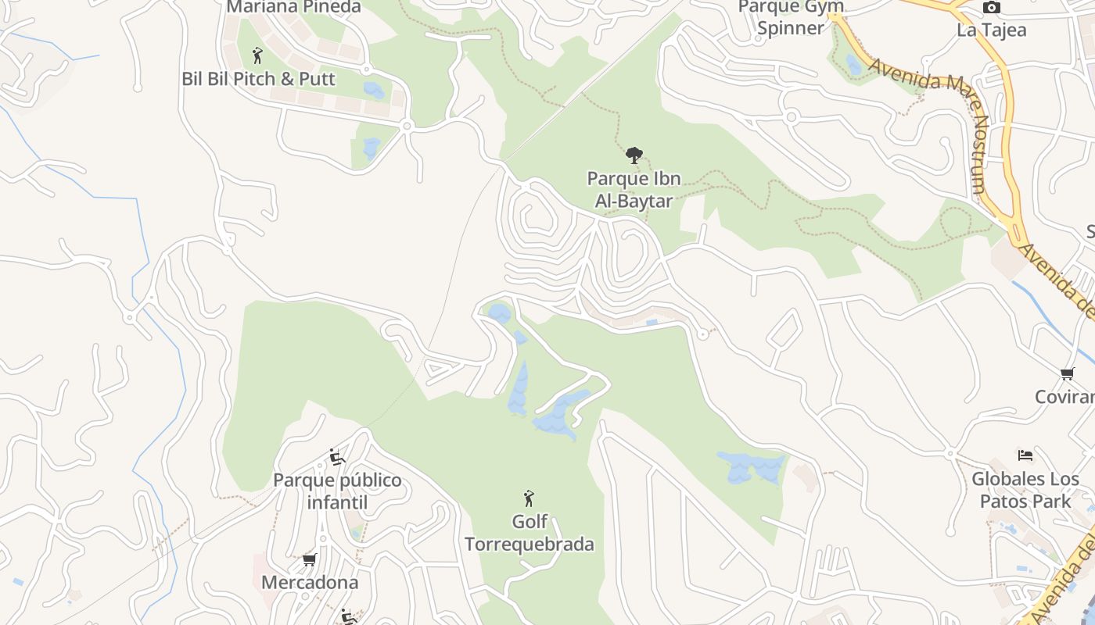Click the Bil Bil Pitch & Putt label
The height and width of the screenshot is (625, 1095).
point(258,79)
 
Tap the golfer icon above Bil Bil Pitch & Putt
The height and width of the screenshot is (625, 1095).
point(257,55)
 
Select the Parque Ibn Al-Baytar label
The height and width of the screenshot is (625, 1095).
point(634,189)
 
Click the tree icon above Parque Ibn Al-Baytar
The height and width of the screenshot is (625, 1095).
point(634,155)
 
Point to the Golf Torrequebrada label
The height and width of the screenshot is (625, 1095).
point(530,532)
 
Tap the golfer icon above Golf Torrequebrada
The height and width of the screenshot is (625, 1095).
point(529,498)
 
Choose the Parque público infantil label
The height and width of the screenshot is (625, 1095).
point(337,491)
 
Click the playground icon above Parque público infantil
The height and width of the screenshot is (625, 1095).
point(337,457)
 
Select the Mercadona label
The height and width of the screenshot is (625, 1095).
point(310,582)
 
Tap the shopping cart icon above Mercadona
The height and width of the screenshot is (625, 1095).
point(310,559)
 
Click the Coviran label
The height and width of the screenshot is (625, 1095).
point(1064,396)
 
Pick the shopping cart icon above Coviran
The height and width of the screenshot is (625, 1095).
point(1068,373)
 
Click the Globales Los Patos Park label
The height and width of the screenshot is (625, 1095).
point(1025,489)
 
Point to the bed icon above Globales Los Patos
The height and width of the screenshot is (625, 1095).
point(1025,455)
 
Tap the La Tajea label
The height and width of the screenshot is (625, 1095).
point(992,30)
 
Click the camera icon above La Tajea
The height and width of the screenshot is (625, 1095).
point(992,8)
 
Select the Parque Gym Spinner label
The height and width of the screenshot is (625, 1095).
point(792,17)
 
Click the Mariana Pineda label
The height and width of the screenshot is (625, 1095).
point(293,7)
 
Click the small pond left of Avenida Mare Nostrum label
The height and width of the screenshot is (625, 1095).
point(854,64)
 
